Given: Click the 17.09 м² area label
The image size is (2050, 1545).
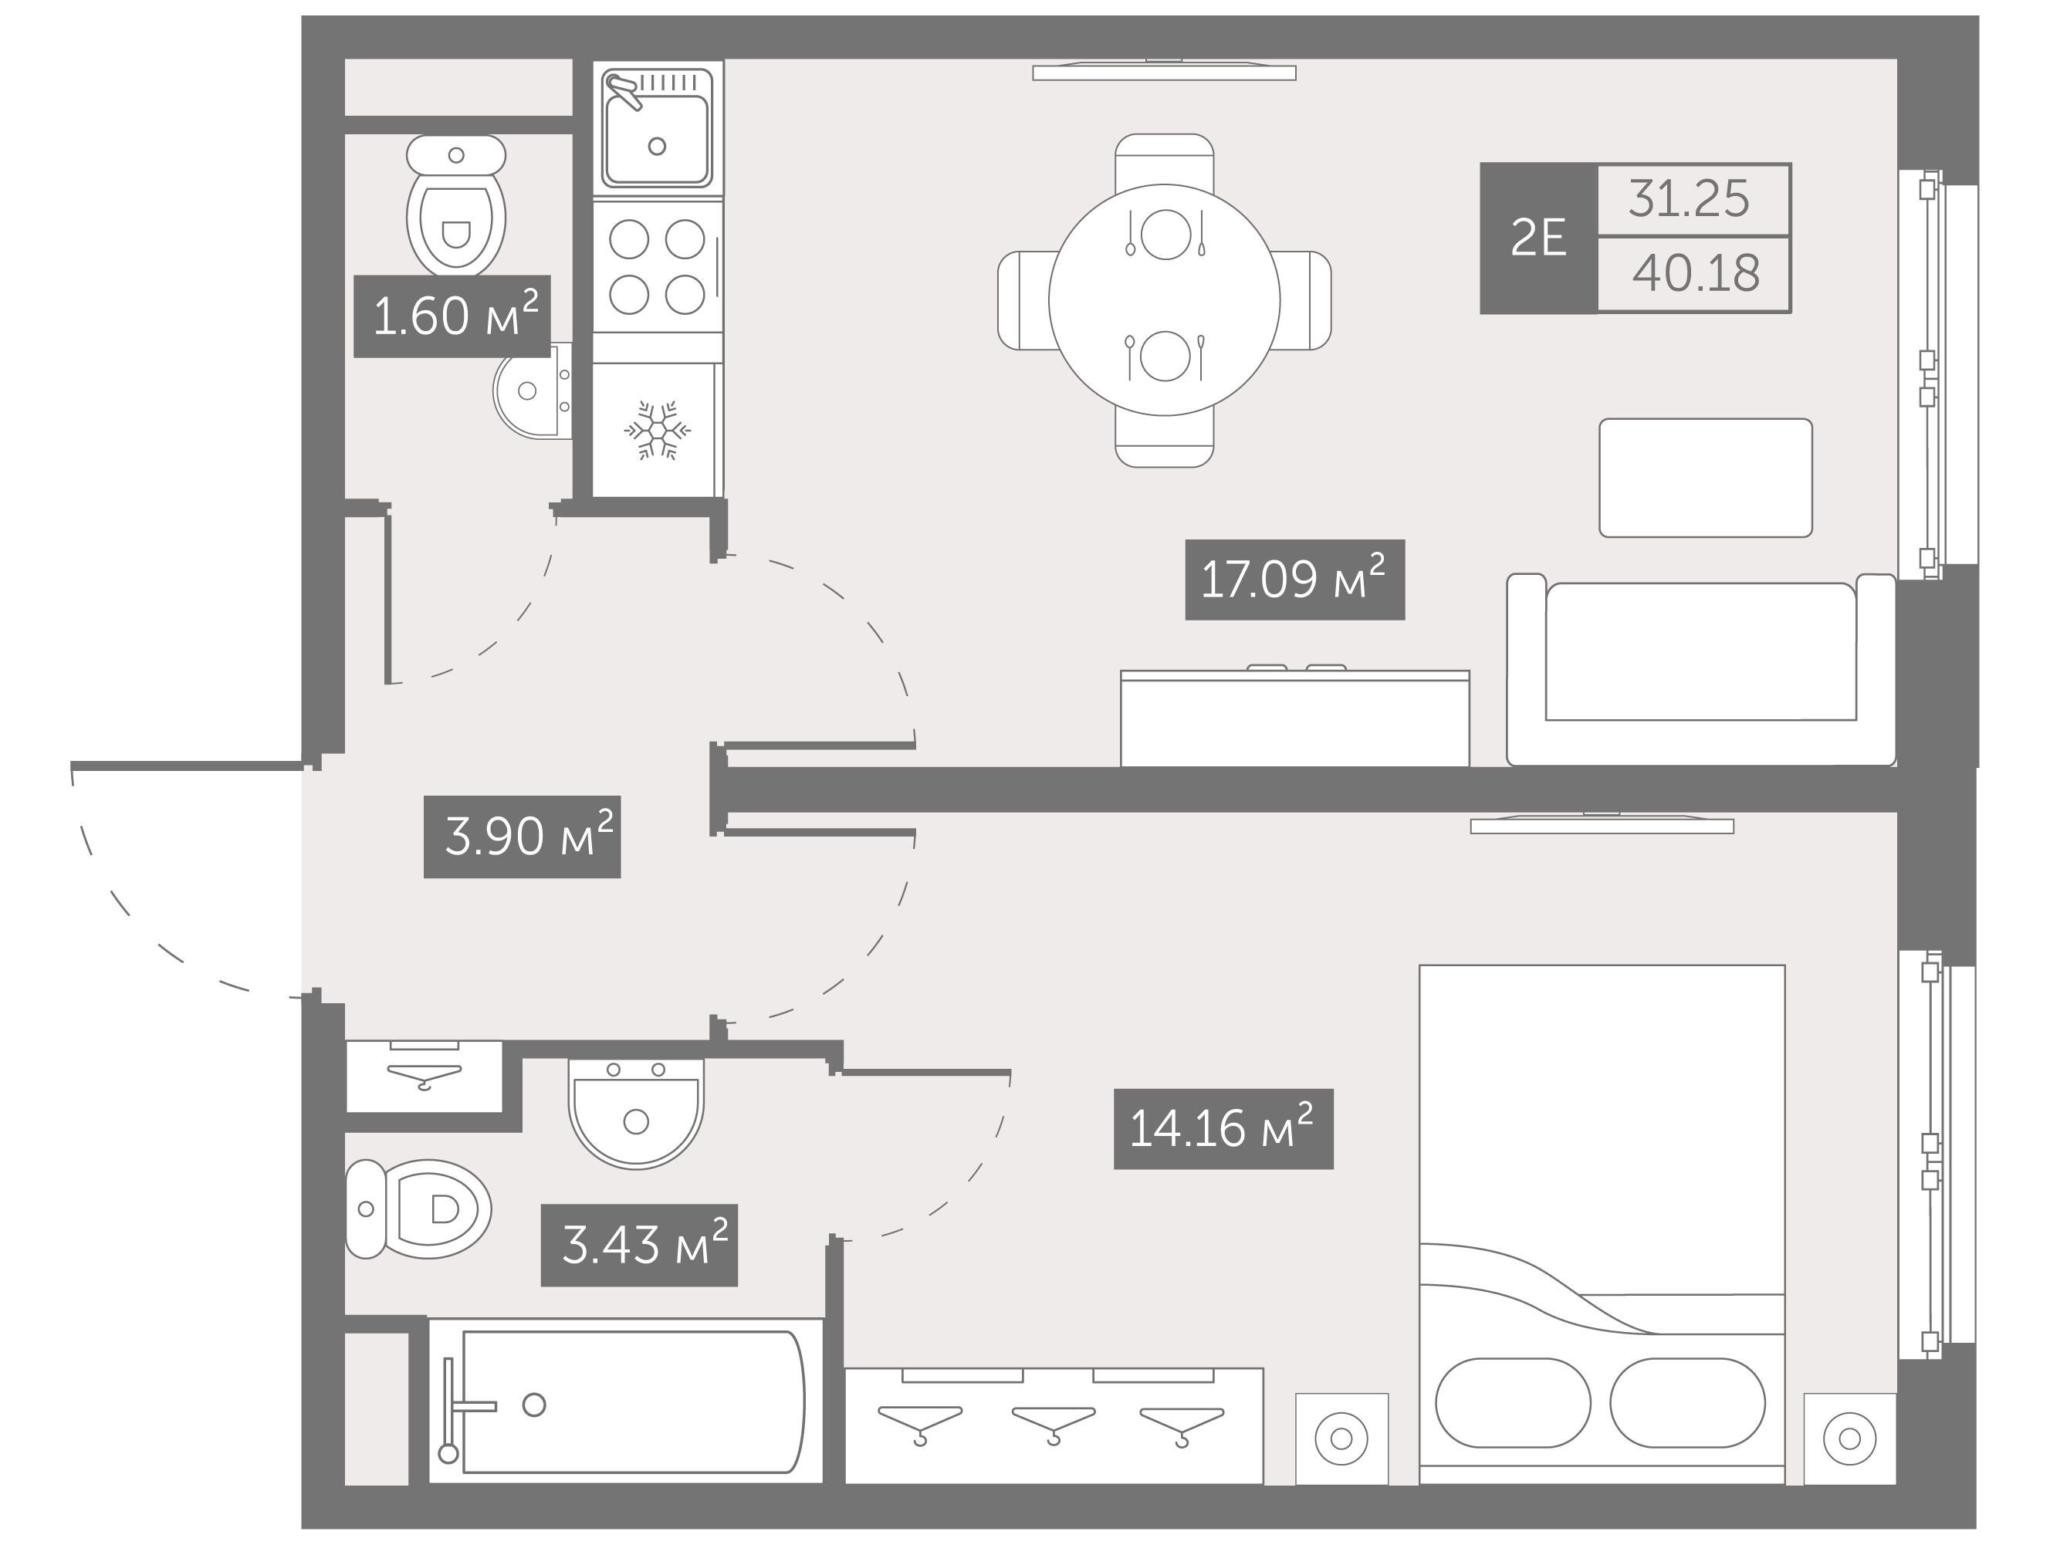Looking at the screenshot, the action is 1294,580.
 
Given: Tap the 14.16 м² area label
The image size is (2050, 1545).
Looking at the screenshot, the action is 1223,1129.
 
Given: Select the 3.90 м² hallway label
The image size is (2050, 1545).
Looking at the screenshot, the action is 522,837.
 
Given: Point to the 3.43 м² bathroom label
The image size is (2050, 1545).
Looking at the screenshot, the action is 639,1245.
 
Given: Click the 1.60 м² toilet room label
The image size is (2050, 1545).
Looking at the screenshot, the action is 452,316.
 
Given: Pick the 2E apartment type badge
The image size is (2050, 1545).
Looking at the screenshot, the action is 1538,238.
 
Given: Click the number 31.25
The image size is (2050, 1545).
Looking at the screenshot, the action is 1689,198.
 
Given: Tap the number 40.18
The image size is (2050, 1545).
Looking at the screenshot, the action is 1696,273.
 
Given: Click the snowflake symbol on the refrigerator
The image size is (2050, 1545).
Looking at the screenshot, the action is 657,430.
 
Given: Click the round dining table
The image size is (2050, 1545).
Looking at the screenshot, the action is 1164,299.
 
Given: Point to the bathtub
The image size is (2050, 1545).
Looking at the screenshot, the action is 625,1402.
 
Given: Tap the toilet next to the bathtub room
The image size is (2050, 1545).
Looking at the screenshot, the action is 418,1209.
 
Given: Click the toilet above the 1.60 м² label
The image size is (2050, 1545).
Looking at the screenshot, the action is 456,204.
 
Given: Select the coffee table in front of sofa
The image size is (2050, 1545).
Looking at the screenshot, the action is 1705,477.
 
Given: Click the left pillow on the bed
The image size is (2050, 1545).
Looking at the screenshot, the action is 1513,1403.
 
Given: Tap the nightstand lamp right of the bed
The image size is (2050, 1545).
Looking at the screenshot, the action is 1849,1439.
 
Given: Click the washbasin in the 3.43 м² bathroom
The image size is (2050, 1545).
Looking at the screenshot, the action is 636,1113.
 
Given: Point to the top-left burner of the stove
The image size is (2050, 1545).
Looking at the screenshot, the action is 629,239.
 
